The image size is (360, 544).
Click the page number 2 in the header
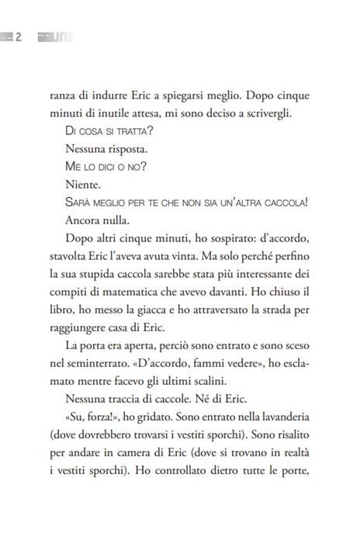18,36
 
